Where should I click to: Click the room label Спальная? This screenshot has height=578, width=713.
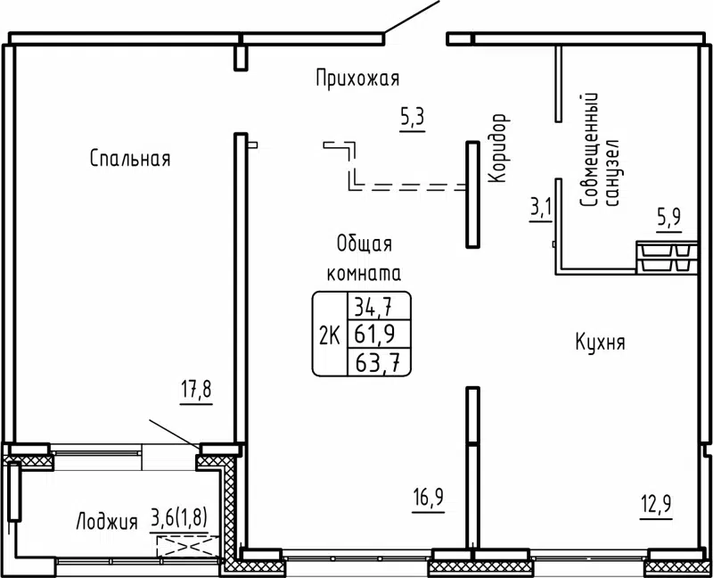click(130, 160)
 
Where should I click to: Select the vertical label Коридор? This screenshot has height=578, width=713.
click(498, 149)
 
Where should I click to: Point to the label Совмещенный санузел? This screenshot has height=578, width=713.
click(599, 152)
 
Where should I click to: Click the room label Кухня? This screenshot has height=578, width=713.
click(599, 342)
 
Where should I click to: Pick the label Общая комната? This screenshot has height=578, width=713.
click(365, 258)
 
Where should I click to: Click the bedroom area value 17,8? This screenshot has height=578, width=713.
click(198, 391)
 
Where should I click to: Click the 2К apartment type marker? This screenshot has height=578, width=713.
click(328, 334)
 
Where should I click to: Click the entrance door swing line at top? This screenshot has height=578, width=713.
click(413, 19)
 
